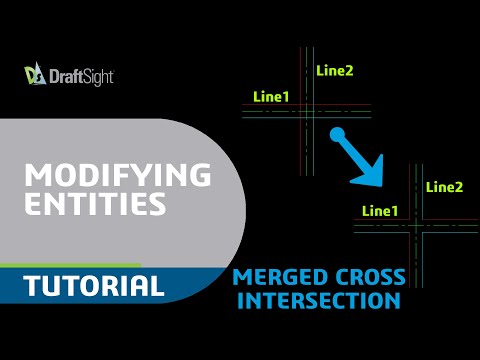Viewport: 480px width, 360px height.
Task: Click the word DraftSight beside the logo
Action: coord(80,76)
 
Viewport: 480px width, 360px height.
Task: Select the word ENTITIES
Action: coord(95,205)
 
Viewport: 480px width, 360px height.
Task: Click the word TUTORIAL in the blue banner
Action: coord(94,287)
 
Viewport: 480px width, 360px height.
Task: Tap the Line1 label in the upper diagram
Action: coord(272,96)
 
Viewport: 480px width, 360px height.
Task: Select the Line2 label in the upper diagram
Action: coord(334,70)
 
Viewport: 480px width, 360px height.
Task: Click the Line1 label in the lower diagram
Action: coord(379,211)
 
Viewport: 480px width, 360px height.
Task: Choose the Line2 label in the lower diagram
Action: coord(444,186)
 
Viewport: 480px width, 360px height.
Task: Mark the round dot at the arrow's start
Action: coord(338,135)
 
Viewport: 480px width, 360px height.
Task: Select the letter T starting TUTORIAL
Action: coord(32,287)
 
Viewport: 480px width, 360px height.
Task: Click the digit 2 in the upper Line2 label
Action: coord(349,70)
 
